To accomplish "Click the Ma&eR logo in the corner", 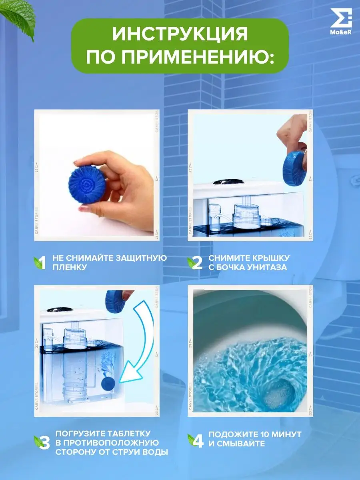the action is pos(341,21).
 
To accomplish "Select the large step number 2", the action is pos(196,263).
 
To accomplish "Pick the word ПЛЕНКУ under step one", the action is pos(70,267).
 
